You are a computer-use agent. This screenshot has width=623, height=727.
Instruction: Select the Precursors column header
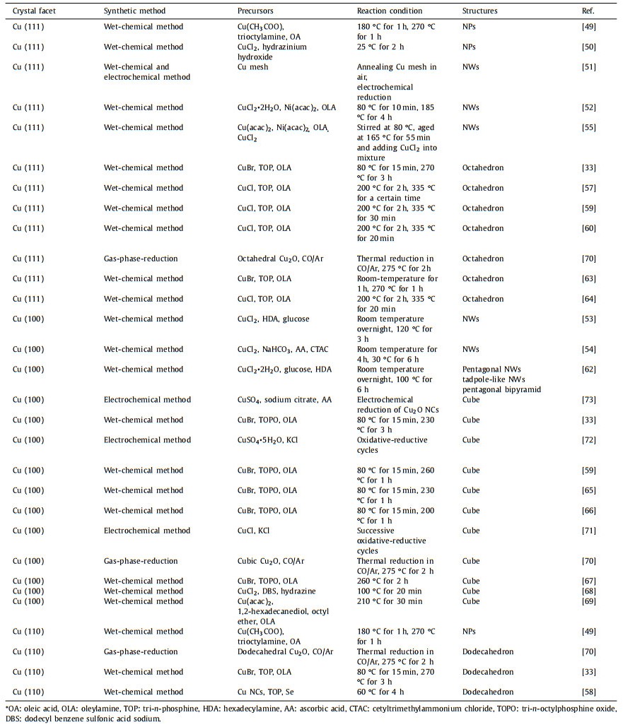coord(256,11)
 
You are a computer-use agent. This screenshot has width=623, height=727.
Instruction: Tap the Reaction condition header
coord(390,11)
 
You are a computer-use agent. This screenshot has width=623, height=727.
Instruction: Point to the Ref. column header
coord(588,11)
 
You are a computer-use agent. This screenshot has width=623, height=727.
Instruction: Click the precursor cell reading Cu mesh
coord(255,67)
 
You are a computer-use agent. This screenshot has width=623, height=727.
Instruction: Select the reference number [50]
coord(588,47)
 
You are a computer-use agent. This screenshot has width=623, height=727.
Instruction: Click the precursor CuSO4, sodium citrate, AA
coord(285,400)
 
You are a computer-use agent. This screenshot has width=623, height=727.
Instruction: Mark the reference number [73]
coord(588,400)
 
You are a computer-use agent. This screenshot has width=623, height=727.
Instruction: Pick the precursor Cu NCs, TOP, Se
coord(269,692)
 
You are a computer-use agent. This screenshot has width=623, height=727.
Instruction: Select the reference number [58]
coord(588,692)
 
